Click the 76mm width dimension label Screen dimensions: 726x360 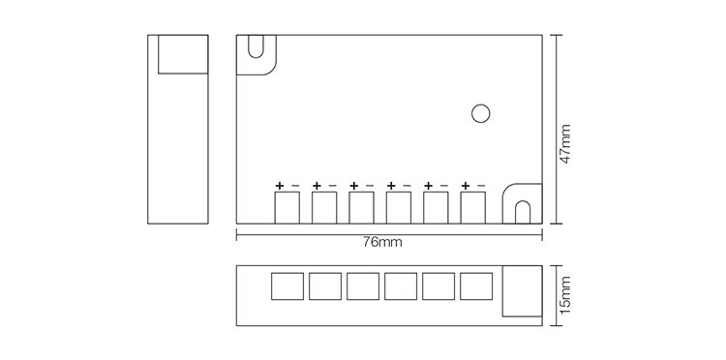[x=381, y=242]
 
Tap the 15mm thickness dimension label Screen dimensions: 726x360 [x=566, y=294]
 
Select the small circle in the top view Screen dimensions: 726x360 [x=480, y=113]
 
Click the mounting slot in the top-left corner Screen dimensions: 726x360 [x=257, y=50]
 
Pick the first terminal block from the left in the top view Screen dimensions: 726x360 [x=287, y=206]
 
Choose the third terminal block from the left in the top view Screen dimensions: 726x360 [x=361, y=206]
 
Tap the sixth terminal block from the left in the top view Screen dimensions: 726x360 [x=472, y=206]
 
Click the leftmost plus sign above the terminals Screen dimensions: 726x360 [x=280, y=185]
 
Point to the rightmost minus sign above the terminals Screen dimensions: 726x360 [x=481, y=185]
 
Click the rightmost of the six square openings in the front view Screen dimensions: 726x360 [x=476, y=286]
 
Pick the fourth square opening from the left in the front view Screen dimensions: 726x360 [x=401, y=286]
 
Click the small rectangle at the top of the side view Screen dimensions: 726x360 [x=183, y=53]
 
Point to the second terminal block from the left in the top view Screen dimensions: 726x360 [x=324, y=206]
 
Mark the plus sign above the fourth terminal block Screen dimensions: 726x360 [x=391, y=185]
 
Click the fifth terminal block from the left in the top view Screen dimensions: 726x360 [x=436, y=206]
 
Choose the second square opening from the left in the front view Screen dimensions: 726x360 [x=325, y=286]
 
